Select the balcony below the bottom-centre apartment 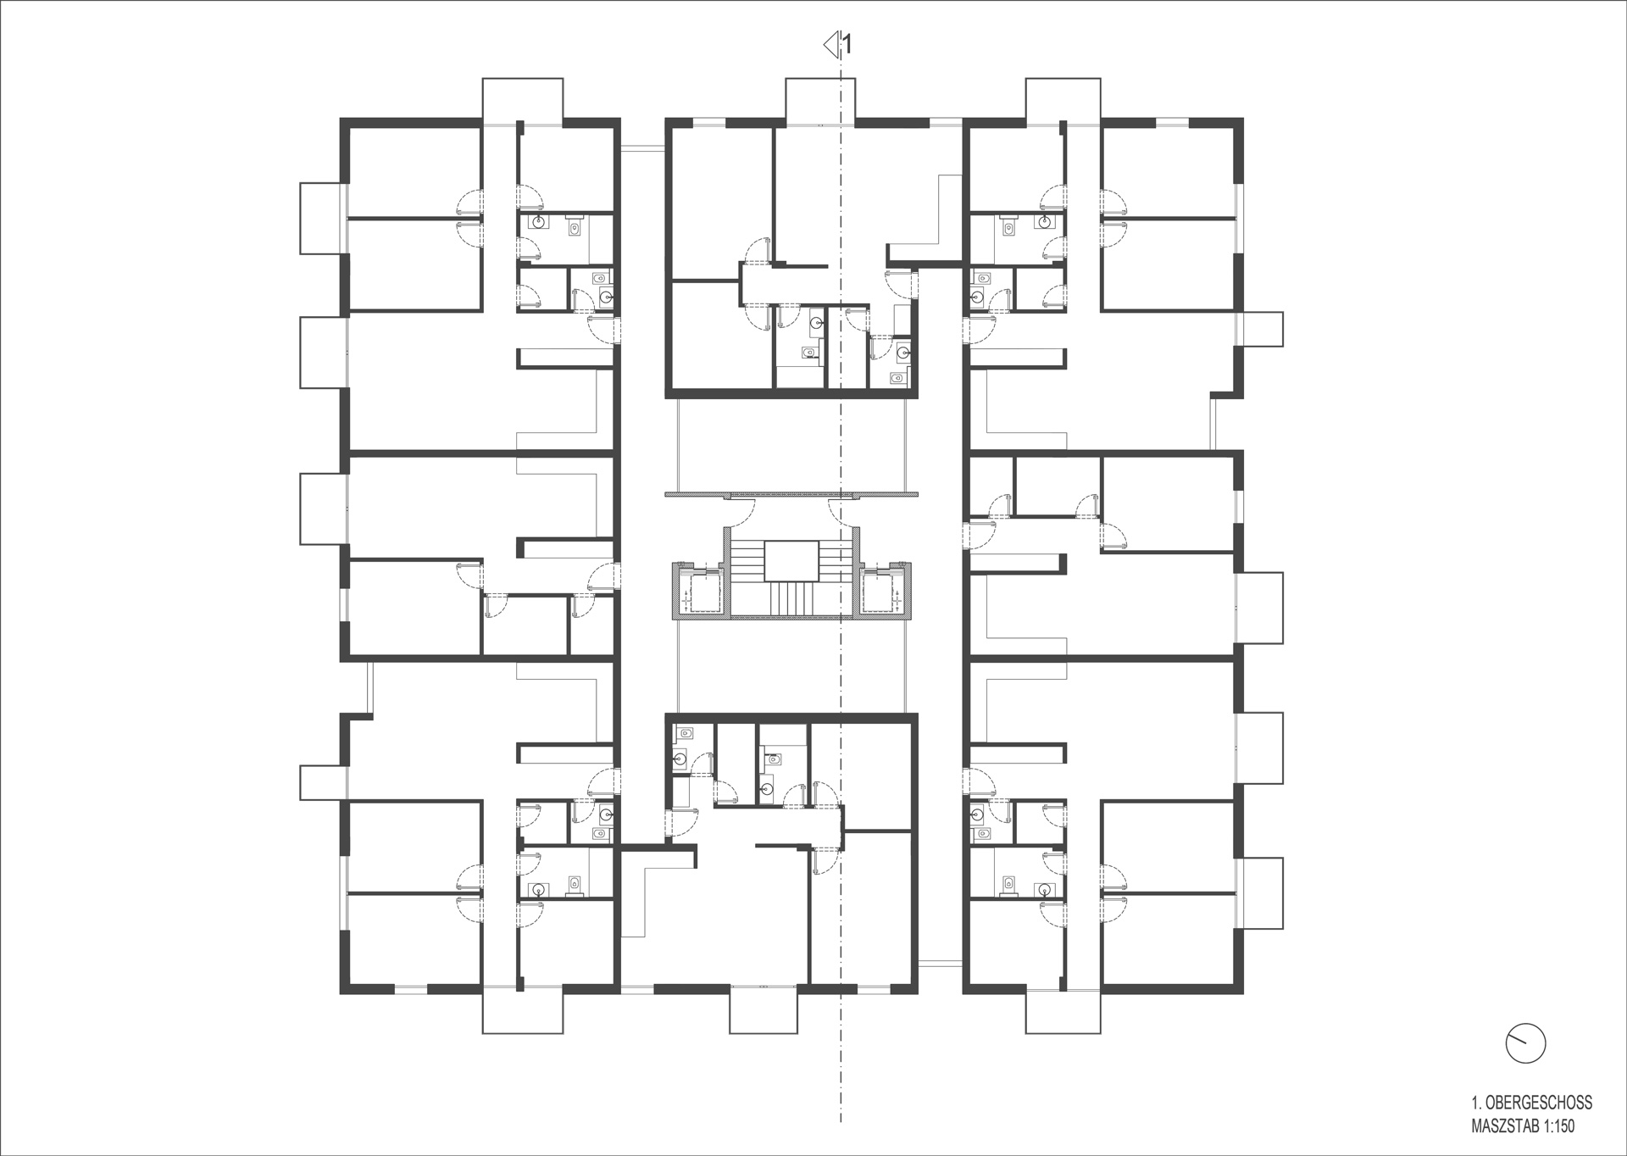pyautogui.click(x=764, y=1012)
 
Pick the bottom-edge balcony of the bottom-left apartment pyautogui.click(x=522, y=1012)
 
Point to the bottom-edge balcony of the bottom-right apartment pyautogui.click(x=1063, y=1012)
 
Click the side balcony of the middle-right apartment pyautogui.click(x=1259, y=608)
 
